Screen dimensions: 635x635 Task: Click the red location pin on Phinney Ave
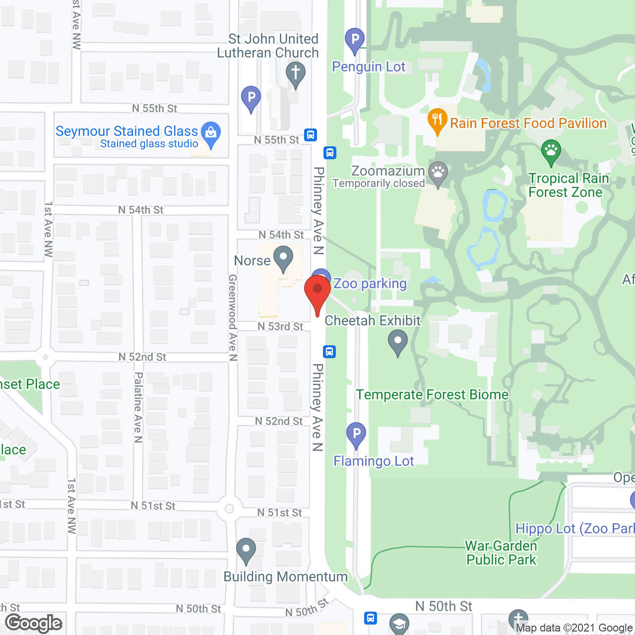pos(317,290)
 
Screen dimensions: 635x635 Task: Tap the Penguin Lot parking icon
pos(355,40)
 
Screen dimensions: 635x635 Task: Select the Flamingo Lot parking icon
pos(356,434)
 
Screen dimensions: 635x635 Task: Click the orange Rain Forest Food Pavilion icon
pos(437,120)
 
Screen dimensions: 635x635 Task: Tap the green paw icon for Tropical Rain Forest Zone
pos(551,151)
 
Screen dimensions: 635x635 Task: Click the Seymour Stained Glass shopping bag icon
pos(211,133)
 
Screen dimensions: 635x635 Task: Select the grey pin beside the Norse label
pos(283,259)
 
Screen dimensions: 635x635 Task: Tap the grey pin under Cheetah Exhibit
pos(398,342)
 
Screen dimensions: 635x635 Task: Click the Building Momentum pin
pos(246,550)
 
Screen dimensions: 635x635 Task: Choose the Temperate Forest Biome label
pos(432,395)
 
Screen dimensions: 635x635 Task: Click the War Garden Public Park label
pos(501,553)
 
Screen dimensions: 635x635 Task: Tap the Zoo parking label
pos(370,284)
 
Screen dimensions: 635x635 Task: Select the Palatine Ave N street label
pos(138,407)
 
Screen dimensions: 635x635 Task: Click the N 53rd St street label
pos(280,326)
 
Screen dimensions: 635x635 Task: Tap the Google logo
pos(34,623)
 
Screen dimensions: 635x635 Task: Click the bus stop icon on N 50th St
pos(370,618)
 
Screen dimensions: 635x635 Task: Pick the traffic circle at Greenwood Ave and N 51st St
pos(229,508)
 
